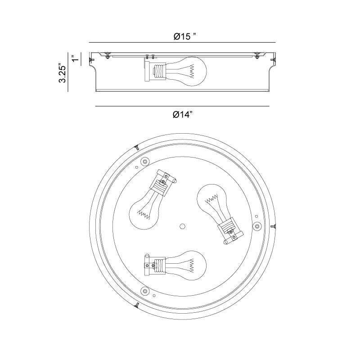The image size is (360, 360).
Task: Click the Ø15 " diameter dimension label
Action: coord(185,36)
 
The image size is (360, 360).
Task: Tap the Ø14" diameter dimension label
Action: coord(183,114)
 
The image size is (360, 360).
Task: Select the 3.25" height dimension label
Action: coord(63,72)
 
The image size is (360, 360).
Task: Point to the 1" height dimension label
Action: coord(75,58)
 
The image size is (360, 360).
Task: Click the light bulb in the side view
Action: coord(186,72)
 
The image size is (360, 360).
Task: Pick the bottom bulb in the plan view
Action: coord(185,265)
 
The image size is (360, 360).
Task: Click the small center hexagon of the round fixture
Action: coord(183,226)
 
